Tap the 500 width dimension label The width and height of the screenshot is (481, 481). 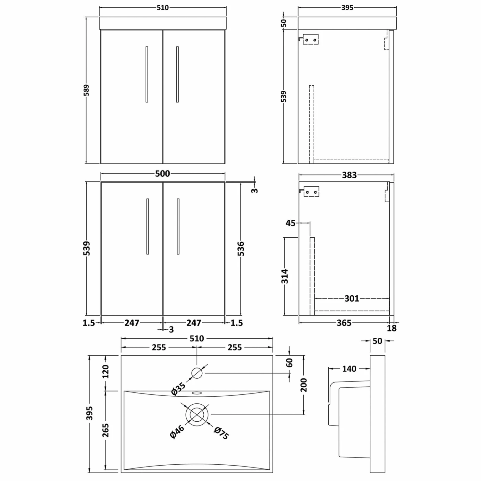tap(163, 173)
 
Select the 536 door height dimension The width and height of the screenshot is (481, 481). tap(241, 249)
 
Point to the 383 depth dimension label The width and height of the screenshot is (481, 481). tap(349, 175)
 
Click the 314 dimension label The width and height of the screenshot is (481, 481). tap(285, 276)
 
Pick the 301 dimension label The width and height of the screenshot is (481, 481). tap(352, 299)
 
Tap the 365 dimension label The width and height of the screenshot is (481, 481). tap(344, 323)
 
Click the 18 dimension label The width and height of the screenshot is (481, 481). tap(392, 328)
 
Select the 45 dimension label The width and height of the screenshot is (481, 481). tap(291, 223)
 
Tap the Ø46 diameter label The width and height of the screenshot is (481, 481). tap(177, 431)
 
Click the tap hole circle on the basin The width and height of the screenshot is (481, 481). tap(197, 373)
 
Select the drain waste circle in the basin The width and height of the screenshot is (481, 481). tap(197, 415)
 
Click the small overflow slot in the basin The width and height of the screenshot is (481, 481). tap(197, 392)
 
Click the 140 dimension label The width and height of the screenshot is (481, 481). tap(349, 369)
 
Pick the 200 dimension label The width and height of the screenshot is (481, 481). tap(304, 385)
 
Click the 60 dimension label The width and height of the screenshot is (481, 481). tap(290, 363)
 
